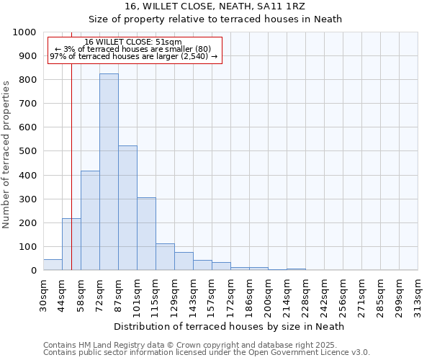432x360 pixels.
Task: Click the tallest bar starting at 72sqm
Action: [109, 172]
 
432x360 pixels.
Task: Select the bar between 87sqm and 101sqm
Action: [127, 208]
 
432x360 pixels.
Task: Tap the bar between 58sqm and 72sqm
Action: [90, 220]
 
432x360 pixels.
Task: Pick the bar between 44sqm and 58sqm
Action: [71, 244]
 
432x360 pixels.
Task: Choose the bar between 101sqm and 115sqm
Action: [146, 234]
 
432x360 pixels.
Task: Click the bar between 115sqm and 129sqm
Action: [165, 257]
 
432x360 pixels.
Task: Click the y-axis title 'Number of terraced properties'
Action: [6, 155]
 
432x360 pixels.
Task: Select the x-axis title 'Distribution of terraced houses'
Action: [230, 326]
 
